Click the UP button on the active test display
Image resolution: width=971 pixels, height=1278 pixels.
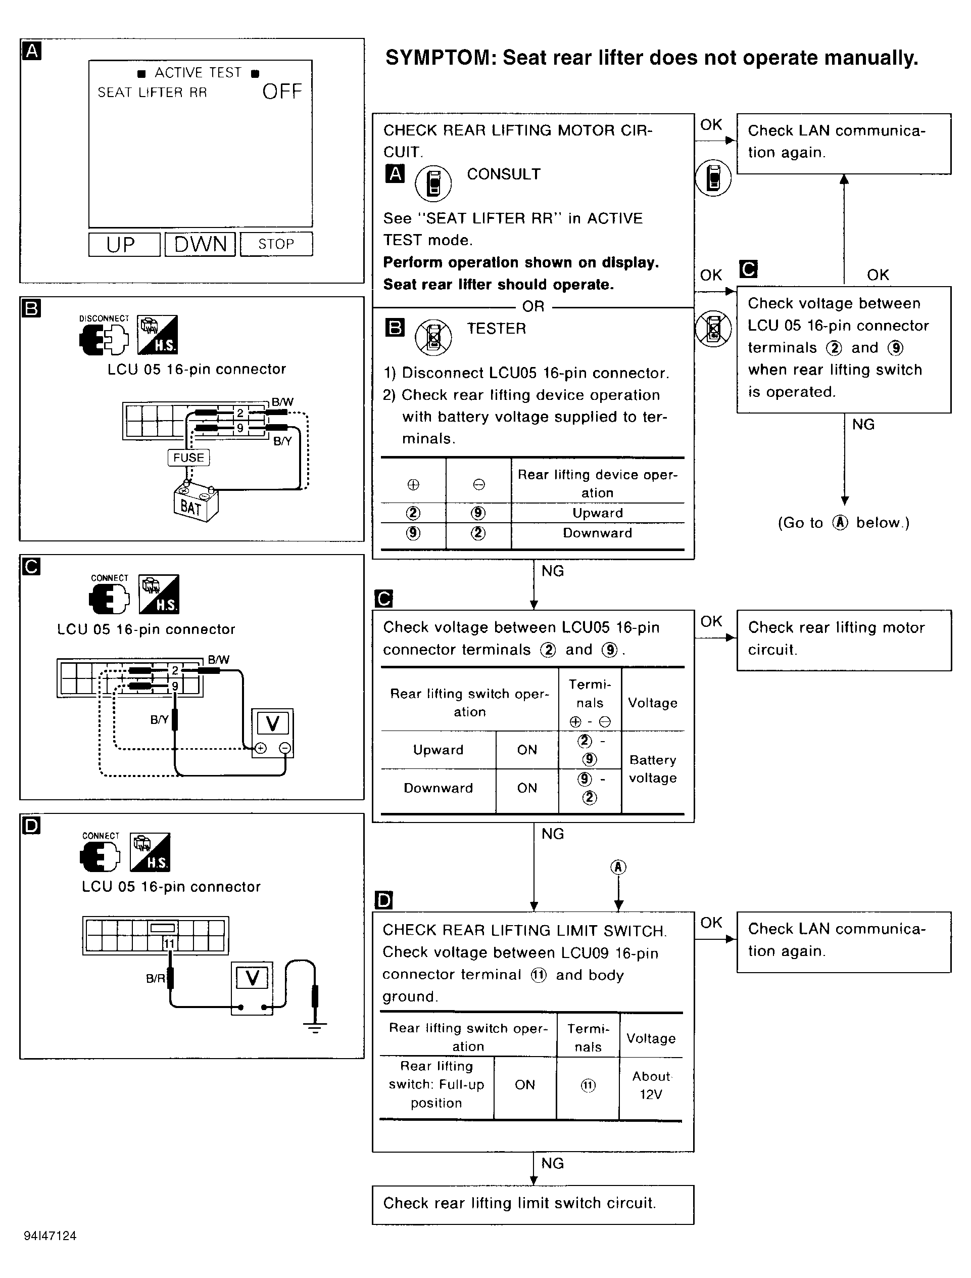pyautogui.click(x=124, y=244)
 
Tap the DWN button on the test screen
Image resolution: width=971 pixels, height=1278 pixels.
pyautogui.click(x=200, y=244)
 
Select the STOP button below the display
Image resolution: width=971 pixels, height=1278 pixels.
pyautogui.click(x=276, y=244)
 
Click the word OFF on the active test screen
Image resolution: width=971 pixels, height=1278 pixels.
pyautogui.click(x=282, y=92)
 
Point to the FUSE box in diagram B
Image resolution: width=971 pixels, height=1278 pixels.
pyautogui.click(x=188, y=458)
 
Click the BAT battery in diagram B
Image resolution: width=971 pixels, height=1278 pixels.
pyautogui.click(x=196, y=504)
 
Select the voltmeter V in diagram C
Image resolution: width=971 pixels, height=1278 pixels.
pyautogui.click(x=272, y=723)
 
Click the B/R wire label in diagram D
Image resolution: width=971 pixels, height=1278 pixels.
pyautogui.click(x=155, y=978)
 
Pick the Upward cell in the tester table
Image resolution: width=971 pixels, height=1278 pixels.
pyautogui.click(x=598, y=513)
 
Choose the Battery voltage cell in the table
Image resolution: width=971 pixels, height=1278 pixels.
pyautogui.click(x=653, y=769)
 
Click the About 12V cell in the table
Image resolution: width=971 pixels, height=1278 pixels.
pyautogui.click(x=651, y=1085)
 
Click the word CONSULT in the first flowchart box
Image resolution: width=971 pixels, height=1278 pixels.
pyautogui.click(x=503, y=174)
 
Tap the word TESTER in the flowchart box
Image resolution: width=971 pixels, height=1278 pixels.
pyautogui.click(x=497, y=329)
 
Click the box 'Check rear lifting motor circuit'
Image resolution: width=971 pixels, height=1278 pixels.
pyautogui.click(x=843, y=639)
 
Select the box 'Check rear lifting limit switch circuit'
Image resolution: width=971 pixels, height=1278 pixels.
pyautogui.click(x=532, y=1203)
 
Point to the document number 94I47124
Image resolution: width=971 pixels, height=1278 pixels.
pyautogui.click(x=51, y=1236)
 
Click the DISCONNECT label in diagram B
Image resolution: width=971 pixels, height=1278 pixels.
pyautogui.click(x=104, y=318)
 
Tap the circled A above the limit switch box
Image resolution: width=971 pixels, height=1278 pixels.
pyautogui.click(x=618, y=867)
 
